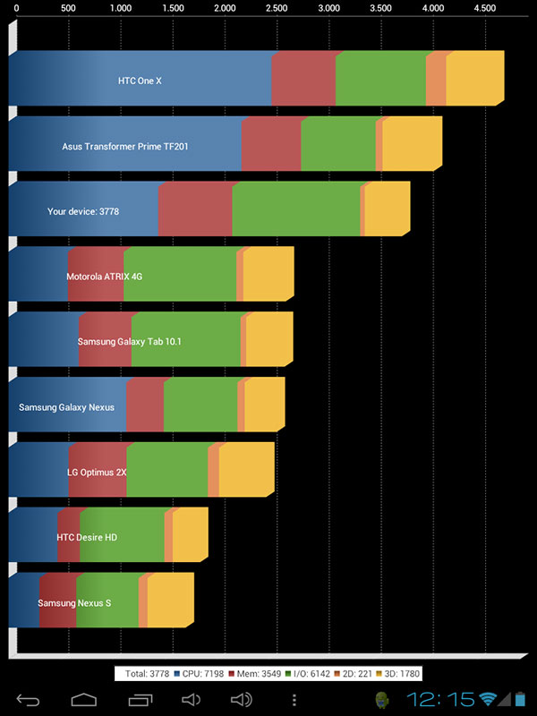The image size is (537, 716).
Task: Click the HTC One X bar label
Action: click(140, 81)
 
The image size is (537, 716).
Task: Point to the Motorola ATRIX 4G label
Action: click(104, 277)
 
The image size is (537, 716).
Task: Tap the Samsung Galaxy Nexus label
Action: click(66, 407)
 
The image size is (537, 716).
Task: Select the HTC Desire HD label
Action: click(86, 538)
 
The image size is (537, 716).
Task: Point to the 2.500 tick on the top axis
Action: click(277, 8)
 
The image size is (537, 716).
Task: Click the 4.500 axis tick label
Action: click(484, 8)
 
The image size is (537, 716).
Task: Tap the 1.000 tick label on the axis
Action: click(121, 8)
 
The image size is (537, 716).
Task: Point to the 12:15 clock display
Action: click(440, 699)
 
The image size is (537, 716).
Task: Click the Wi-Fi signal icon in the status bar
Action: click(488, 699)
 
